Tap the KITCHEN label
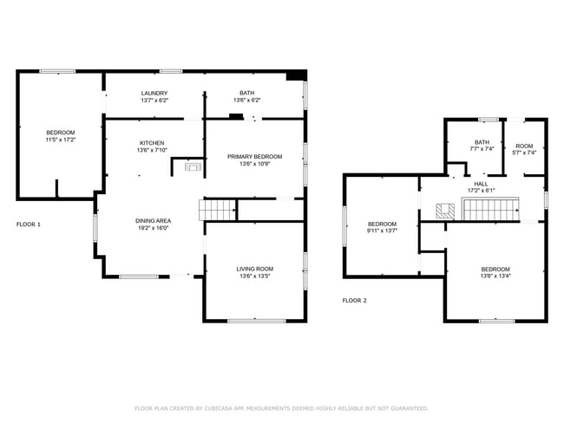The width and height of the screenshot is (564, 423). [x=152, y=143]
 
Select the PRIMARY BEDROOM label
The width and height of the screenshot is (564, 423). [x=254, y=157]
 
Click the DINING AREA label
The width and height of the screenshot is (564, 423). [x=153, y=221]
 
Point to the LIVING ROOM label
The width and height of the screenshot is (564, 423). [x=254, y=269]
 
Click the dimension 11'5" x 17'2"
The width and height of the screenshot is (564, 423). [x=61, y=140]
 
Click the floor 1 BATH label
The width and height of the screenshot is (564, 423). [x=247, y=93]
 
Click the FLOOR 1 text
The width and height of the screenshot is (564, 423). [x=29, y=225]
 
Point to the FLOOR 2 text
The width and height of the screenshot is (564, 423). [x=354, y=301]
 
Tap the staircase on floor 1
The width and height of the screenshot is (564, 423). [x=218, y=210]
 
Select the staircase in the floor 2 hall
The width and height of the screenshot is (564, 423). [x=490, y=209]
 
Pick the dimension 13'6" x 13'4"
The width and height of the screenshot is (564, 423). [x=495, y=277]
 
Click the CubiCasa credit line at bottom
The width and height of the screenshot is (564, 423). [x=281, y=408]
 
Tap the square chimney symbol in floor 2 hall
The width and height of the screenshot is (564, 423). [x=445, y=209]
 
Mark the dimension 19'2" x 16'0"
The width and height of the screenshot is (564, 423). [x=153, y=228]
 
